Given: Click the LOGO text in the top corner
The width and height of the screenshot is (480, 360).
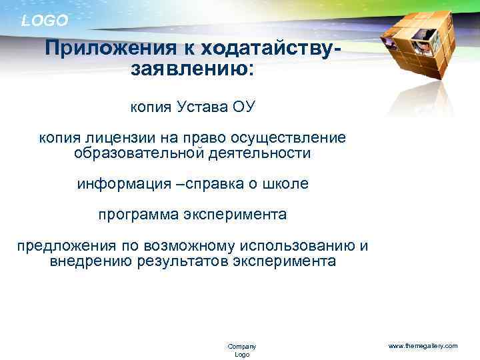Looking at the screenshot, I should click(45, 21).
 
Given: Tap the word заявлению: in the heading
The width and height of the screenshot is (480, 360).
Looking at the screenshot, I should click(193, 69).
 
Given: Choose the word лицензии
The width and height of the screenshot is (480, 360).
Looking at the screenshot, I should click(117, 138).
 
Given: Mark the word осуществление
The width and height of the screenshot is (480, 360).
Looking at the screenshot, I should click(289, 138).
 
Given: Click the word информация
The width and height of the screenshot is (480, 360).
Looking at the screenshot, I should click(123, 184).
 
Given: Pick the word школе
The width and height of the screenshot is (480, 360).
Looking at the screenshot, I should click(287, 184).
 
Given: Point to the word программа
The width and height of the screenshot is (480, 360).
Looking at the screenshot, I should click(139, 215).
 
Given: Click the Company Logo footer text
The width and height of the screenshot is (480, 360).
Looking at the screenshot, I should click(241, 350).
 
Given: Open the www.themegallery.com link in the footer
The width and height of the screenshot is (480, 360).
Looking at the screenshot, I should click(423, 346).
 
